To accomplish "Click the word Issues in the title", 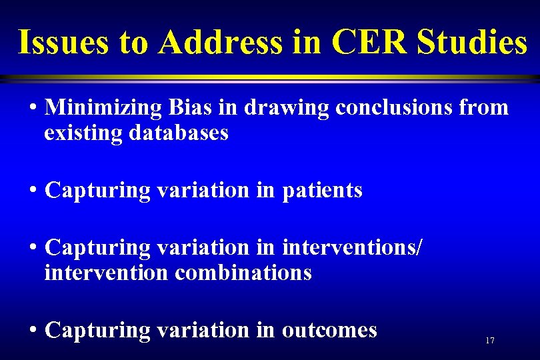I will pos(64,43).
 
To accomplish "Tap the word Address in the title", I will pos(221,43).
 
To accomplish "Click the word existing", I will pos(83,133).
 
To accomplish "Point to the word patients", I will pos(323,191).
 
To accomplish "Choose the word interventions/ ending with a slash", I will pos(353,247).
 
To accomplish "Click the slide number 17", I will pos(490,341).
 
